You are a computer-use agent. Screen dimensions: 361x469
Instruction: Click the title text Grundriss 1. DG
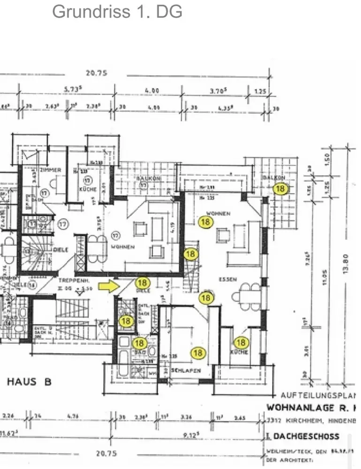(x=117, y=11)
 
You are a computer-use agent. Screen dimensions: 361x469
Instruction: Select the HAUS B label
(x=29, y=381)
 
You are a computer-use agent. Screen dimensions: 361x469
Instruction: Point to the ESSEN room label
(x=228, y=280)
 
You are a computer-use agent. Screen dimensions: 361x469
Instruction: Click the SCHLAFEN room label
(x=186, y=371)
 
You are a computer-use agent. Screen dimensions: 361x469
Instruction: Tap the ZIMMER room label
(x=51, y=169)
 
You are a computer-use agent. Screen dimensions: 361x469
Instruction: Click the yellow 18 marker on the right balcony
(x=281, y=189)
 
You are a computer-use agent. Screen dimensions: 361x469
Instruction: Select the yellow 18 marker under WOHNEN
(x=205, y=222)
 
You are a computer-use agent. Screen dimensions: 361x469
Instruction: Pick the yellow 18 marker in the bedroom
(x=198, y=353)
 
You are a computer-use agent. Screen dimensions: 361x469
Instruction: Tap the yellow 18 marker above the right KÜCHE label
(x=241, y=343)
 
